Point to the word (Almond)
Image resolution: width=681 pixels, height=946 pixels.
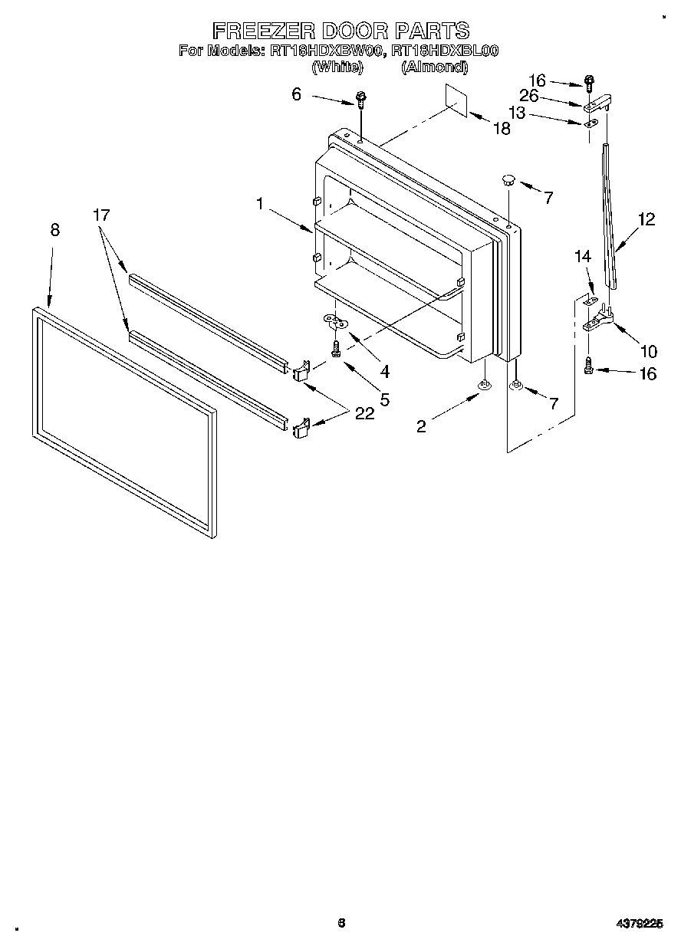434,67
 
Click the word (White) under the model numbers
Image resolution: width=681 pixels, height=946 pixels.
336,67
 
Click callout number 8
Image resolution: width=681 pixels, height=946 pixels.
54,230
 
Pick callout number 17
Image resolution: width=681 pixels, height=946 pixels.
101,215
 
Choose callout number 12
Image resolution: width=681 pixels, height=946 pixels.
646,219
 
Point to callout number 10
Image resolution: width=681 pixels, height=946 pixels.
648,352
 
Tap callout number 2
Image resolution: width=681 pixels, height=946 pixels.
421,427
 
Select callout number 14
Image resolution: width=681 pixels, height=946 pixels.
584,258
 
